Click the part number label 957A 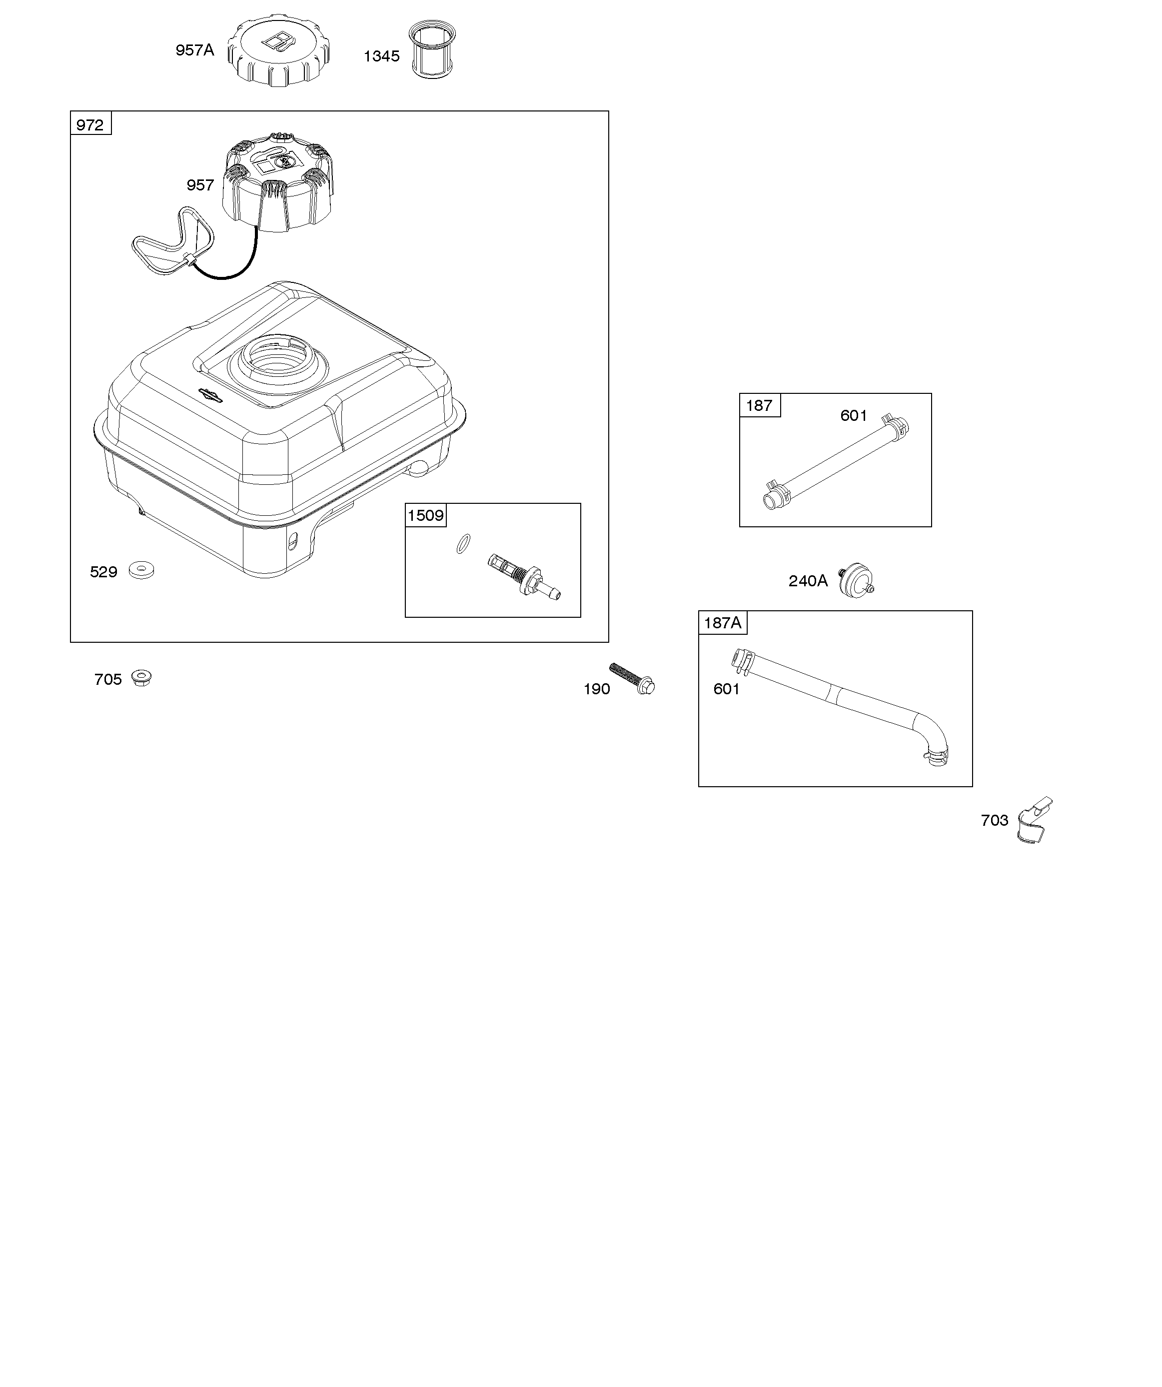coord(194,50)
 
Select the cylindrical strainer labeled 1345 coord(433,50)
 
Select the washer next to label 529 coord(141,569)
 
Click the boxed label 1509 coord(425,515)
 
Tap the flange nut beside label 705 coord(141,678)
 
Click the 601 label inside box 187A coord(726,689)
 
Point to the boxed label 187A coord(722,623)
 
